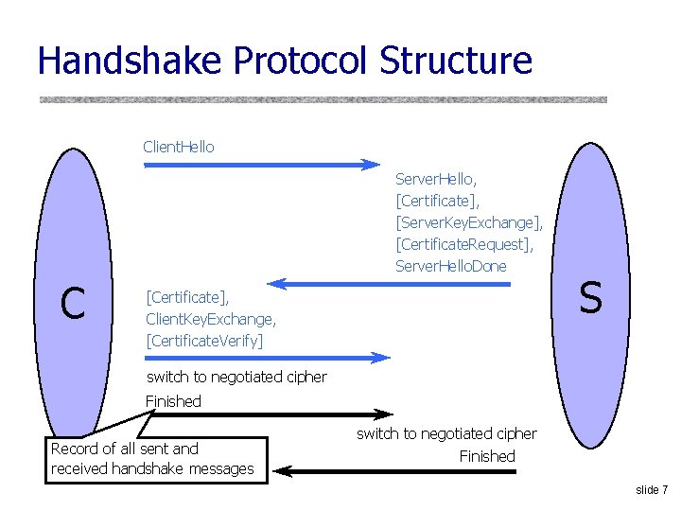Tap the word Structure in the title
tap(456, 61)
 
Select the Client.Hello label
tap(178, 147)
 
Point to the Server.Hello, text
tap(436, 178)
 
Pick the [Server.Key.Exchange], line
tap(469, 222)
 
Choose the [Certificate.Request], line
tap(464, 244)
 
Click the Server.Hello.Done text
tap(450, 266)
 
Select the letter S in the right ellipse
tap(590, 298)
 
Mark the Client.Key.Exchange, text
tap(210, 318)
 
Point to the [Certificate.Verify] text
tap(204, 340)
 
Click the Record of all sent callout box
tap(156, 459)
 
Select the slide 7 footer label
tap(652, 490)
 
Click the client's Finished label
tap(173, 401)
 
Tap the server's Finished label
tap(487, 456)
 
